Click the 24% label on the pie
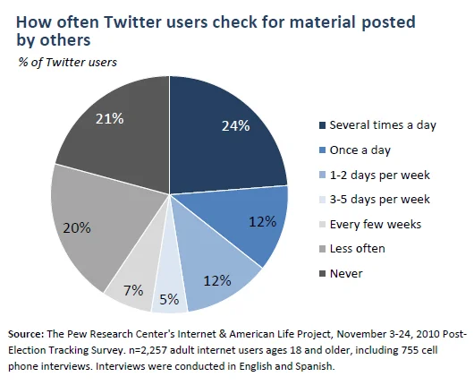click(x=235, y=125)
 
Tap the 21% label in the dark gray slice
click(x=109, y=119)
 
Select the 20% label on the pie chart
click(x=77, y=227)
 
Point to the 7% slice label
click(x=133, y=291)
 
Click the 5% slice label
click(x=169, y=300)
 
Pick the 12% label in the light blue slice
click(x=217, y=281)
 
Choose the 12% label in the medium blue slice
click(x=262, y=222)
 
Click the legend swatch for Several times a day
click(x=323, y=125)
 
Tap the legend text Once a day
click(x=360, y=150)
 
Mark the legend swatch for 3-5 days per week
click(x=323, y=200)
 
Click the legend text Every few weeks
click(x=376, y=224)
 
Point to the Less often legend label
click(x=358, y=249)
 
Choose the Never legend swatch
click(x=323, y=274)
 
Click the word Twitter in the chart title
click(x=132, y=22)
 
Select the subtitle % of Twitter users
click(x=67, y=62)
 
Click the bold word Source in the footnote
click(x=26, y=334)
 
